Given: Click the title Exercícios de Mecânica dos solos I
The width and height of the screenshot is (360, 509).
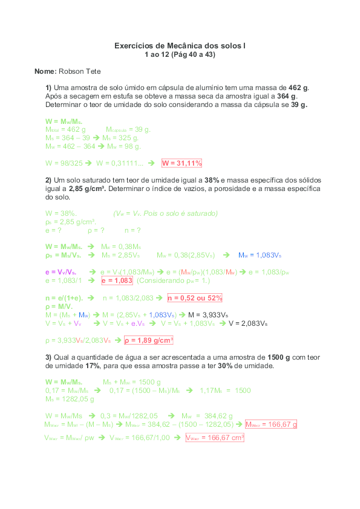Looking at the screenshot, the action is pos(180,46).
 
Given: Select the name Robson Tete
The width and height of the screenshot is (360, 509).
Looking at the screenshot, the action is pos(84,71).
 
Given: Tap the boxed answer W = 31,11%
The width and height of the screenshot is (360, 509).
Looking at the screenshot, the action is pos(182,163).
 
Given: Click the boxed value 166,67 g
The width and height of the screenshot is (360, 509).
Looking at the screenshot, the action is pos(271,424).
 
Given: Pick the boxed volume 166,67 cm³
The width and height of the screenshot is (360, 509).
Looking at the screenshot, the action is pos(215,438).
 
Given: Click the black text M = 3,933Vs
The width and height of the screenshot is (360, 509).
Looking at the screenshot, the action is pos(208,315).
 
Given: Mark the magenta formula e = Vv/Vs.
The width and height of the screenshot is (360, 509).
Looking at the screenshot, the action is pos(61,272).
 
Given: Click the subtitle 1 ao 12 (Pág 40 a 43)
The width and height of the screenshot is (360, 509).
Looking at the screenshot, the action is pos(180,54).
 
